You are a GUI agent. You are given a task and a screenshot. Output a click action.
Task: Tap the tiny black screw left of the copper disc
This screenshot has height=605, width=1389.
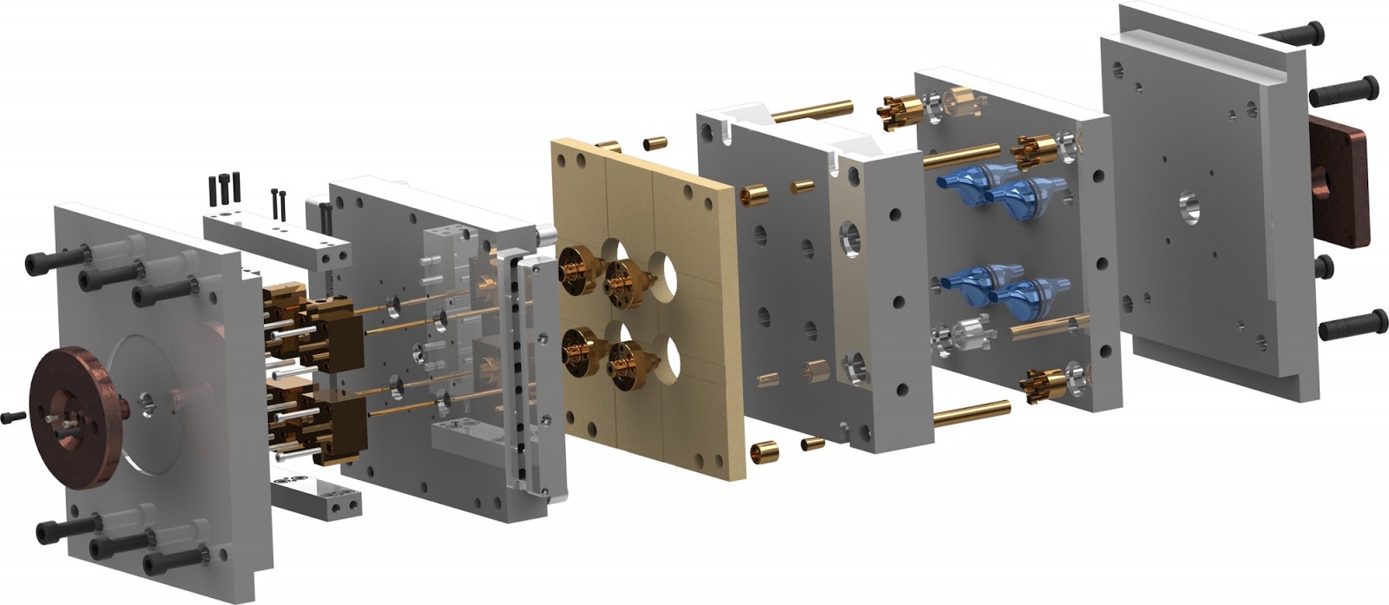pos(10,417)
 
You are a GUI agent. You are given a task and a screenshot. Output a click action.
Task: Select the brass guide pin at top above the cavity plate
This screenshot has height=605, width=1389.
pos(812,111)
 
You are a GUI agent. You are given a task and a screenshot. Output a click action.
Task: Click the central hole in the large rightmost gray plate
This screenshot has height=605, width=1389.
pos(1188,207)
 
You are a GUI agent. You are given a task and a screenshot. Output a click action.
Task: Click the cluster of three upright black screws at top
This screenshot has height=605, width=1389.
pos(224,187)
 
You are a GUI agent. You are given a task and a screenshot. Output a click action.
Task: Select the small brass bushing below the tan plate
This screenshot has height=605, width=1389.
pos(764,450)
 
